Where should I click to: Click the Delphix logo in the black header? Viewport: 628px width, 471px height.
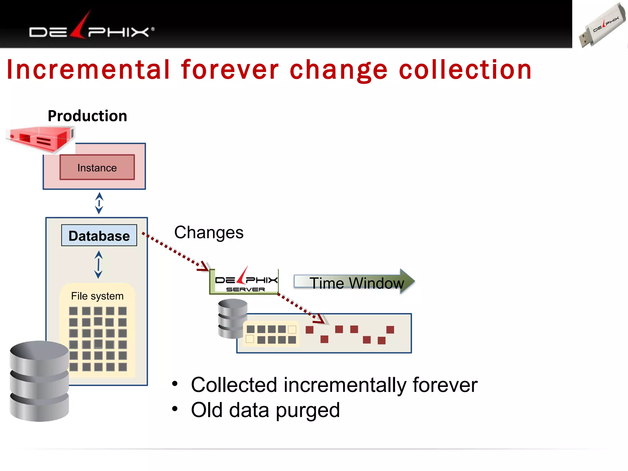[91, 29]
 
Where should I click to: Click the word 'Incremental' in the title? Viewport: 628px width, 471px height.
[88, 70]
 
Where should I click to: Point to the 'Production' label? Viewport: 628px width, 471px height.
[87, 116]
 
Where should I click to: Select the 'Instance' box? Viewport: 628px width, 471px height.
[97, 167]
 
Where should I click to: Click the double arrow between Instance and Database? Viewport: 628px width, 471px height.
[99, 203]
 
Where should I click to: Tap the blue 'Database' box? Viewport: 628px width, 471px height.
[99, 235]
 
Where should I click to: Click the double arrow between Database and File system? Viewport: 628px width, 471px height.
[98, 264]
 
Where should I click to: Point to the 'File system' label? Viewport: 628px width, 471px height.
[97, 296]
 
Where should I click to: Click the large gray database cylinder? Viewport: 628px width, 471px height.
[39, 381]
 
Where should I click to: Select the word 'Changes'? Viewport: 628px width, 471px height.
[209, 232]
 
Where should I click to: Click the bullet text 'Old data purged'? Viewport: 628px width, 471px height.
[265, 410]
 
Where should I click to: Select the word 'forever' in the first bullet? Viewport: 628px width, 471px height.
[445, 385]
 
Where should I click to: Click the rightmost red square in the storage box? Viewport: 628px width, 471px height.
[390, 330]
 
